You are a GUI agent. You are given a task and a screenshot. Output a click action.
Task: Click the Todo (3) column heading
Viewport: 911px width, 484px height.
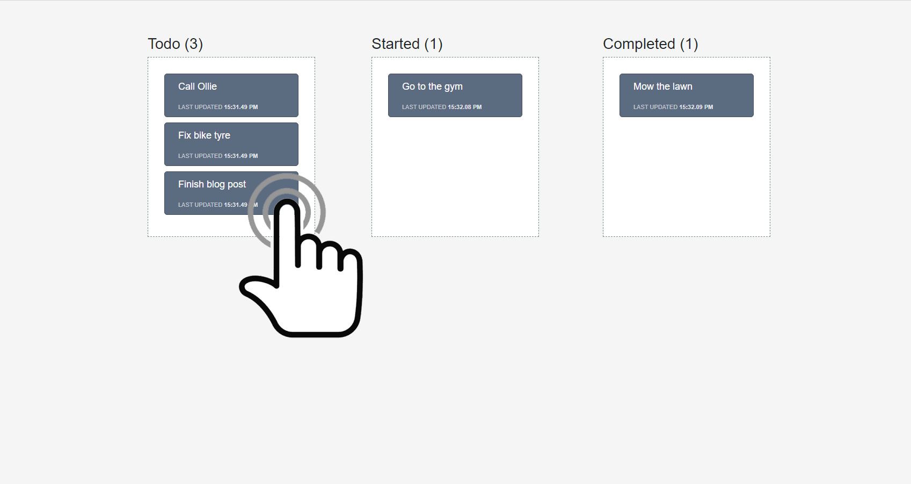pyautogui.click(x=176, y=44)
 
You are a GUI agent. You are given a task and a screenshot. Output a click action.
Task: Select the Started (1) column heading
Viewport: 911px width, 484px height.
pyautogui.click(x=407, y=44)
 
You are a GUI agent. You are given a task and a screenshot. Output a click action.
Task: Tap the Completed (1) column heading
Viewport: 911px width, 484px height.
pyautogui.click(x=650, y=44)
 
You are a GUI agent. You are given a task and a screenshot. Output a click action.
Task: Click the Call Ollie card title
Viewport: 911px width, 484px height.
pyautogui.click(x=197, y=86)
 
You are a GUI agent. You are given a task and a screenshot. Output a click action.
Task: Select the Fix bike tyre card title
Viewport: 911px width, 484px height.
pyautogui.click(x=204, y=135)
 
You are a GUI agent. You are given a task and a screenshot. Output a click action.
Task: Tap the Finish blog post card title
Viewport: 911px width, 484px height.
pyautogui.click(x=212, y=184)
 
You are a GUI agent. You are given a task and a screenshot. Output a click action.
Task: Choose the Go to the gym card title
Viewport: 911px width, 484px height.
pyautogui.click(x=432, y=86)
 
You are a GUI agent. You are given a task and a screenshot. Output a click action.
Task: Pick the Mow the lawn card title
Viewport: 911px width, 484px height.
pyautogui.click(x=663, y=86)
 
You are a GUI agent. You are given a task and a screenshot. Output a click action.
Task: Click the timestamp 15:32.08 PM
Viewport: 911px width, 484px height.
pyautogui.click(x=465, y=107)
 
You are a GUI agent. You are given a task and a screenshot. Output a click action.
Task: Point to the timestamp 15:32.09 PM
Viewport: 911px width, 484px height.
pyautogui.click(x=696, y=107)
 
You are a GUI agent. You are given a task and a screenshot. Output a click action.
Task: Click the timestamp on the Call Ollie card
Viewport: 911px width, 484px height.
pyautogui.click(x=240, y=107)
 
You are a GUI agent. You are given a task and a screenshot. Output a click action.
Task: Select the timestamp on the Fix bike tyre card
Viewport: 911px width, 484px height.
pyautogui.click(x=240, y=156)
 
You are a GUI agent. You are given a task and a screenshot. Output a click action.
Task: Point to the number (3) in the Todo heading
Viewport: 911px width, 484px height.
pyautogui.click(x=194, y=44)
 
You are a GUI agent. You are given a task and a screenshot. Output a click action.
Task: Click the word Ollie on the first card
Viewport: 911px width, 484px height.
pyautogui.click(x=207, y=86)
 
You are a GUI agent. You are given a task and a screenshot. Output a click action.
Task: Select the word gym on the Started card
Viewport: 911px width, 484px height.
pyautogui.click(x=454, y=88)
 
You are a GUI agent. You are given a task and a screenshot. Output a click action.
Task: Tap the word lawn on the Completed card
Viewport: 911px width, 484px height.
pyautogui.click(x=683, y=86)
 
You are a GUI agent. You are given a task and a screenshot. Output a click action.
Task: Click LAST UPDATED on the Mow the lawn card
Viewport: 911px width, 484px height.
pyautogui.click(x=655, y=107)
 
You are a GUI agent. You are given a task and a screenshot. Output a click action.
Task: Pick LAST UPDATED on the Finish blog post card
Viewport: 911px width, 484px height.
pyautogui.click(x=200, y=205)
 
